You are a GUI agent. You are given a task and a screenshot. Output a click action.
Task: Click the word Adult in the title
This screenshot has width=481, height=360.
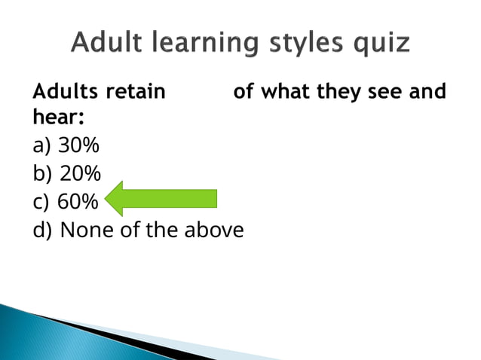pos(106,43)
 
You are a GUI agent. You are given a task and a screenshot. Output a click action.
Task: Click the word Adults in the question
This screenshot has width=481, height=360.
pos(66,93)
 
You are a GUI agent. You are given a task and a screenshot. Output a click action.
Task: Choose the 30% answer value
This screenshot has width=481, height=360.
pos(78,145)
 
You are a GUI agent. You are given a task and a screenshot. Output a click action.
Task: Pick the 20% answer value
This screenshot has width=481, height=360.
pos(80,174)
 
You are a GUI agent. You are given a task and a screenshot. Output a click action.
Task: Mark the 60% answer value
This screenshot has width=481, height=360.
pos(78,203)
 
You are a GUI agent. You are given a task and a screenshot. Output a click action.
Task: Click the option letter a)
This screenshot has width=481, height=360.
pos(42,145)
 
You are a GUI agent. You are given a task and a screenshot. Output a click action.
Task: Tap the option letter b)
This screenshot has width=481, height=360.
pos(43,174)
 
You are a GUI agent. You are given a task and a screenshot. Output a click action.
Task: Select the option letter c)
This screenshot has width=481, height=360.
pos(41,203)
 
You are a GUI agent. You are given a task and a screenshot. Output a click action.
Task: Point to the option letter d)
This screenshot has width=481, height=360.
pos(43,230)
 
